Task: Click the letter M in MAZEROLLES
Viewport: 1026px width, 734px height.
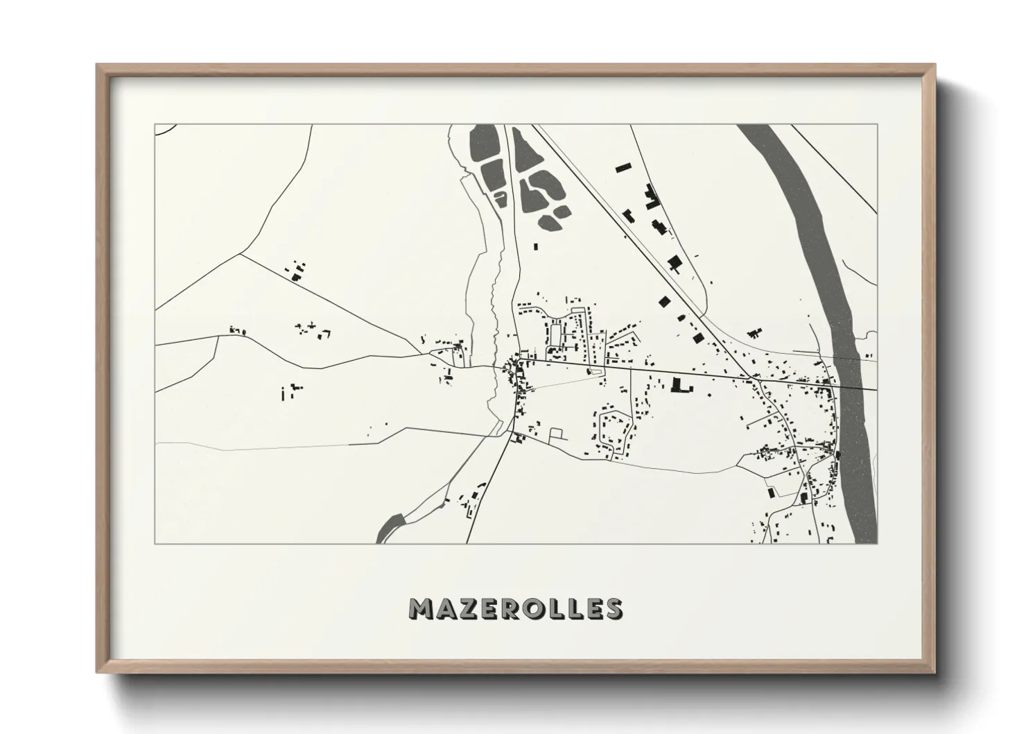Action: tap(422, 608)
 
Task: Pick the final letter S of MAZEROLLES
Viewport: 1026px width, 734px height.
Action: tap(613, 608)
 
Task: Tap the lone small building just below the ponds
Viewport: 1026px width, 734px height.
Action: tap(535, 246)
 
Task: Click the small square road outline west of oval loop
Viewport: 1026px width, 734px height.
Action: tap(557, 434)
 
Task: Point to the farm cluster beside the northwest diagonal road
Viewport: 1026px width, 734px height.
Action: tap(297, 271)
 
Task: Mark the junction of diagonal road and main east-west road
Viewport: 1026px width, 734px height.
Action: tap(760, 379)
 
